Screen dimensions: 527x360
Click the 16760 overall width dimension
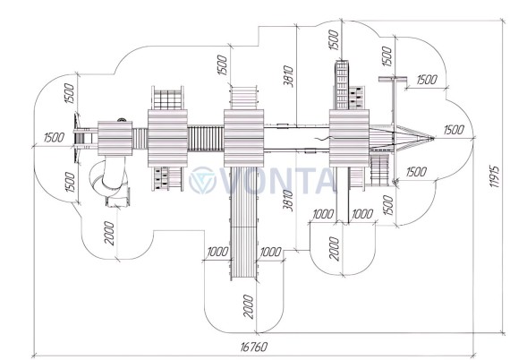[254, 347]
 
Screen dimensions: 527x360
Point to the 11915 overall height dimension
[495, 176]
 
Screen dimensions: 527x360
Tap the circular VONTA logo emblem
[202, 180]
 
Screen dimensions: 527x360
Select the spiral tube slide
[110, 182]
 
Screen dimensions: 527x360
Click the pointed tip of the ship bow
[434, 138]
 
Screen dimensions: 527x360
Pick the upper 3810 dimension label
[288, 76]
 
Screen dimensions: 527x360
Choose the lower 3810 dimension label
[288, 201]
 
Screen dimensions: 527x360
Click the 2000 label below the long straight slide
[249, 306]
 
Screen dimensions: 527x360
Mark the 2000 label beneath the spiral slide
[109, 233]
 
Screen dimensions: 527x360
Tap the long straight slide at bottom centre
[244, 223]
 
